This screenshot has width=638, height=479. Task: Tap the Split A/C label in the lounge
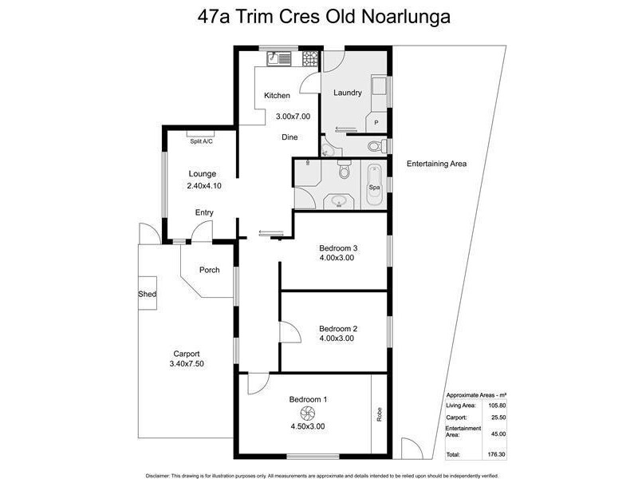(201, 141)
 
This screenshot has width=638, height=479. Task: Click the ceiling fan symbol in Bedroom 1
(306, 412)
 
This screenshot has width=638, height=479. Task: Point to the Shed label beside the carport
(147, 295)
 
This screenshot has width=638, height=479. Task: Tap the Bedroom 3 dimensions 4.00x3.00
(337, 258)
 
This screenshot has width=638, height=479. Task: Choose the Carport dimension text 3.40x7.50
(187, 364)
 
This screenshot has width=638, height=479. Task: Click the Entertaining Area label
(436, 164)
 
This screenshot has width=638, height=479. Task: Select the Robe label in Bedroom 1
(380, 414)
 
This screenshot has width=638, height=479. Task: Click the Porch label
(209, 270)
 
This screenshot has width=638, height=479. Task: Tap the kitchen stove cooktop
(307, 57)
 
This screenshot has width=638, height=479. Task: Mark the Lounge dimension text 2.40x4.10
(203, 186)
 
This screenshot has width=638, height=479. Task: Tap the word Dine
(289, 137)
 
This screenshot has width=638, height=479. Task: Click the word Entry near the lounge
(205, 212)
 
